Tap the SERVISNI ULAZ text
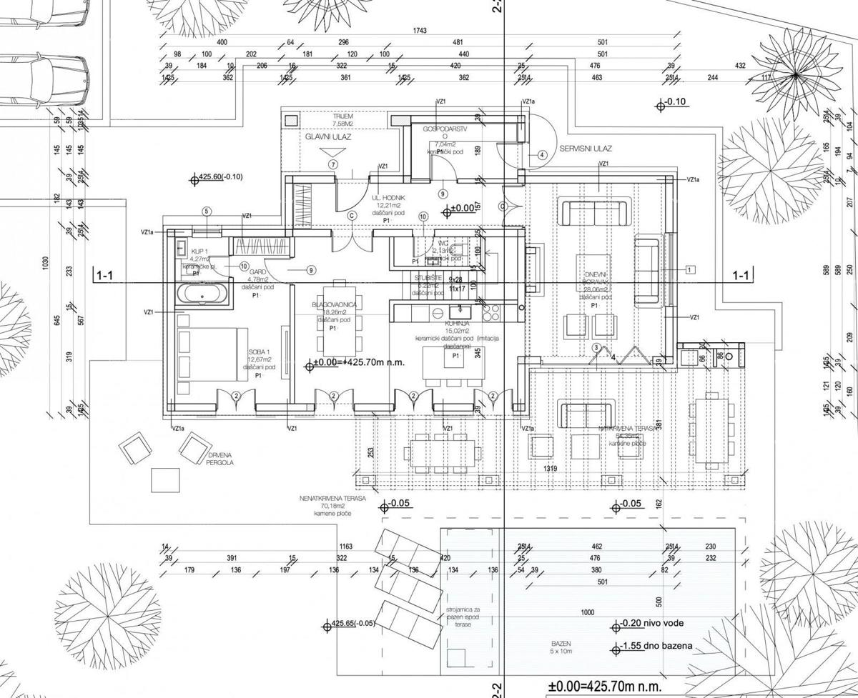(591, 151)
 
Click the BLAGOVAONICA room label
(333, 304)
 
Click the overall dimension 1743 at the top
(420, 31)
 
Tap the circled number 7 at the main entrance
(333, 164)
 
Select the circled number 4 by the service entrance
(542, 154)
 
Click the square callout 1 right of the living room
(689, 269)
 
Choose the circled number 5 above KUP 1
(207, 211)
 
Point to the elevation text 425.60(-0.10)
(222, 177)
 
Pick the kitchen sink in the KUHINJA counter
(458, 311)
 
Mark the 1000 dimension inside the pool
(588, 612)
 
